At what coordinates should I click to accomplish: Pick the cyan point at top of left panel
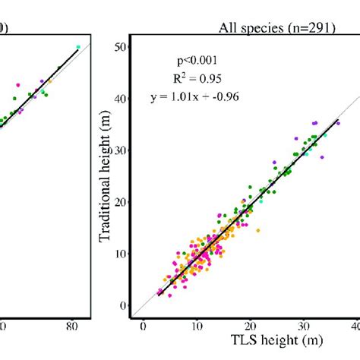click(x=78, y=47)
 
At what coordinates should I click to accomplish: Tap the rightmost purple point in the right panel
click(x=338, y=122)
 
